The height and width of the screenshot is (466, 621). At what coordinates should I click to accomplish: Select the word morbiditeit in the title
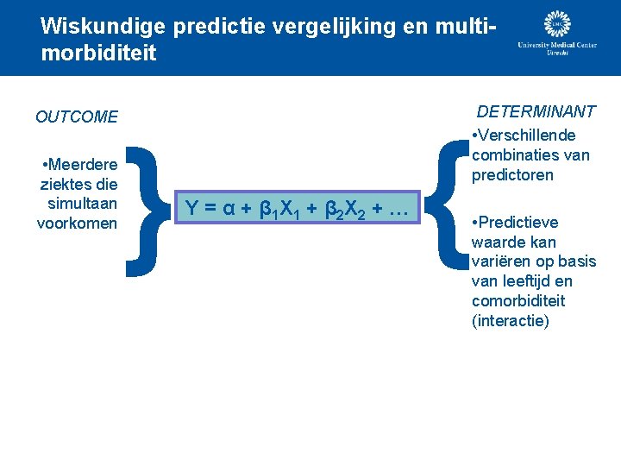pos(98,54)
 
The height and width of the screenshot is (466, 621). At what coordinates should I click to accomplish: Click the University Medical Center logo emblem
pos(558,24)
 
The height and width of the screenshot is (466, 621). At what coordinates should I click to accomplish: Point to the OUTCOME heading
pos(77,116)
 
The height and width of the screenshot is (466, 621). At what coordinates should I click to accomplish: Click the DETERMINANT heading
pos(536,111)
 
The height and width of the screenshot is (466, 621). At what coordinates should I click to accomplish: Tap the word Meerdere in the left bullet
pos(85,164)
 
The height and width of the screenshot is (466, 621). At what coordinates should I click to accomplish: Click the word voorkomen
pos(77,224)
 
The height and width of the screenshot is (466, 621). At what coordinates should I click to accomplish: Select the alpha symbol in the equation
pos(228,208)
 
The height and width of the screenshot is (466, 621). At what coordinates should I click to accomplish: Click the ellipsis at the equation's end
pos(396,209)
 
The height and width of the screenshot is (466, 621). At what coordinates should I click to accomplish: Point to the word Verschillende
pos(527,135)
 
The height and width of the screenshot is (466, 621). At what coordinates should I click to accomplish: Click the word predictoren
pos(512,175)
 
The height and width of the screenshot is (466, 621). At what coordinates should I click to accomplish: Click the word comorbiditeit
pos(518,301)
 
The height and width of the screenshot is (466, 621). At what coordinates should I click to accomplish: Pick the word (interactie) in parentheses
pos(510,321)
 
